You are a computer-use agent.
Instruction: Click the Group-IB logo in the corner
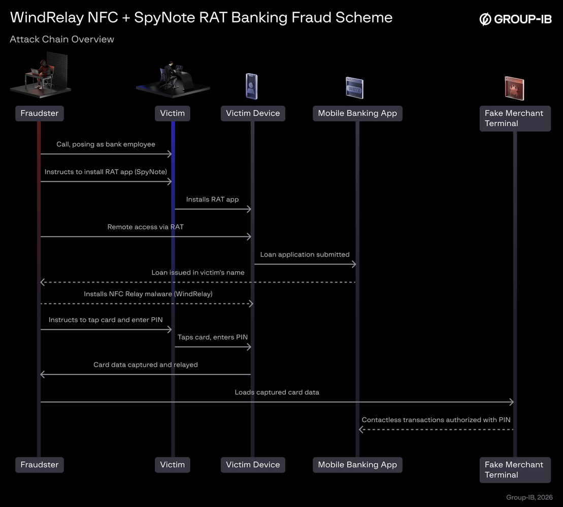515,19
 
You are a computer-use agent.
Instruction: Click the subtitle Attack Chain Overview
62,39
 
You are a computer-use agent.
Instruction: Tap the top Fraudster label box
40,113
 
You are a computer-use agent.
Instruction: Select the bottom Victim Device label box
253,465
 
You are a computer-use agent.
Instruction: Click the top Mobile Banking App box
357,113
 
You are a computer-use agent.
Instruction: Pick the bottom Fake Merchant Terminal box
515,469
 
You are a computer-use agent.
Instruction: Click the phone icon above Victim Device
252,86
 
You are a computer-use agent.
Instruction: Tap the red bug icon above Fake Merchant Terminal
514,88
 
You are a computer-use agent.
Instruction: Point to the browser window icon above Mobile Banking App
354,88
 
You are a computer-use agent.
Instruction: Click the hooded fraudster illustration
40,75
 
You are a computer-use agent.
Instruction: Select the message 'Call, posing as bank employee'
106,144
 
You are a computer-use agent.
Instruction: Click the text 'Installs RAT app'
212,200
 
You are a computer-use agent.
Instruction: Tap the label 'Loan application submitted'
305,255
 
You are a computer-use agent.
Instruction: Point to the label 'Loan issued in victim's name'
198,272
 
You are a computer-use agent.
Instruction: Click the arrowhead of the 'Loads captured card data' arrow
511,402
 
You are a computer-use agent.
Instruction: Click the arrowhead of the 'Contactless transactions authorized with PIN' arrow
361,429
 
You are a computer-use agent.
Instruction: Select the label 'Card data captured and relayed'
145,365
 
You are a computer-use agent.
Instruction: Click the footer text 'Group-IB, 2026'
529,497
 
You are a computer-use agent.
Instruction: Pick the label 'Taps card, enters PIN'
213,337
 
